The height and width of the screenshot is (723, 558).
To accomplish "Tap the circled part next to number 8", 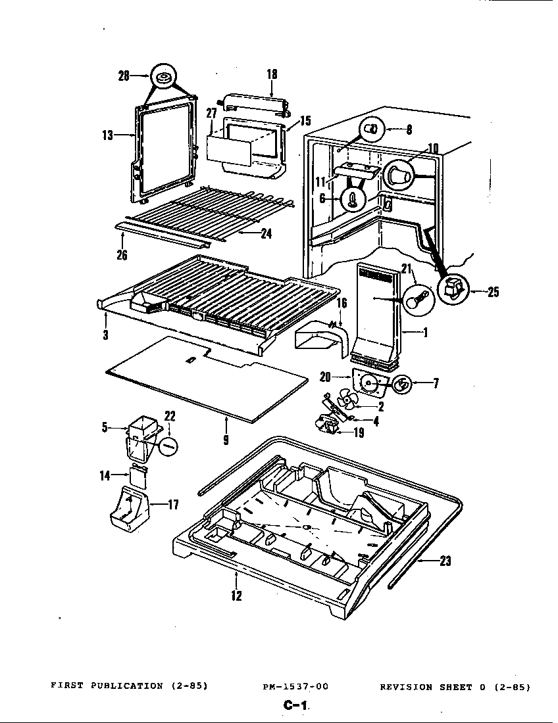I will (x=372, y=129).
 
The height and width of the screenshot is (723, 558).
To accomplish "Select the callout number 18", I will (x=272, y=74).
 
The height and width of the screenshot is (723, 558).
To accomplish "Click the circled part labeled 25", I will (x=453, y=287).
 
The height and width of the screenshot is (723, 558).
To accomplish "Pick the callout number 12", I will (x=236, y=595).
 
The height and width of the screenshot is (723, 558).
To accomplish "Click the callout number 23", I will (x=445, y=561).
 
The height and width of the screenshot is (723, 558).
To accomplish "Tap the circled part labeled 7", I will (x=402, y=384).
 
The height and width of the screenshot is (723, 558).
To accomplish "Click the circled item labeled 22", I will (x=168, y=445).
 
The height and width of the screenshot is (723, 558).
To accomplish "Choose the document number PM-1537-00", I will (x=295, y=686).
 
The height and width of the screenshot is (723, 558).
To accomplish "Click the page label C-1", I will (x=295, y=706).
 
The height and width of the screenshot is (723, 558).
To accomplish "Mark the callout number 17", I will (x=173, y=505).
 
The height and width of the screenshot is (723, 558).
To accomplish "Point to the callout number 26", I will (x=122, y=255).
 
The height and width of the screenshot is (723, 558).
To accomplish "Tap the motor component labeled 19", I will (x=327, y=427).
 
